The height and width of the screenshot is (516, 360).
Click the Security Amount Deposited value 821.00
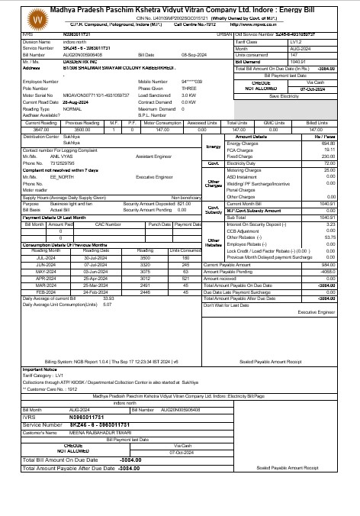coord(184,204)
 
